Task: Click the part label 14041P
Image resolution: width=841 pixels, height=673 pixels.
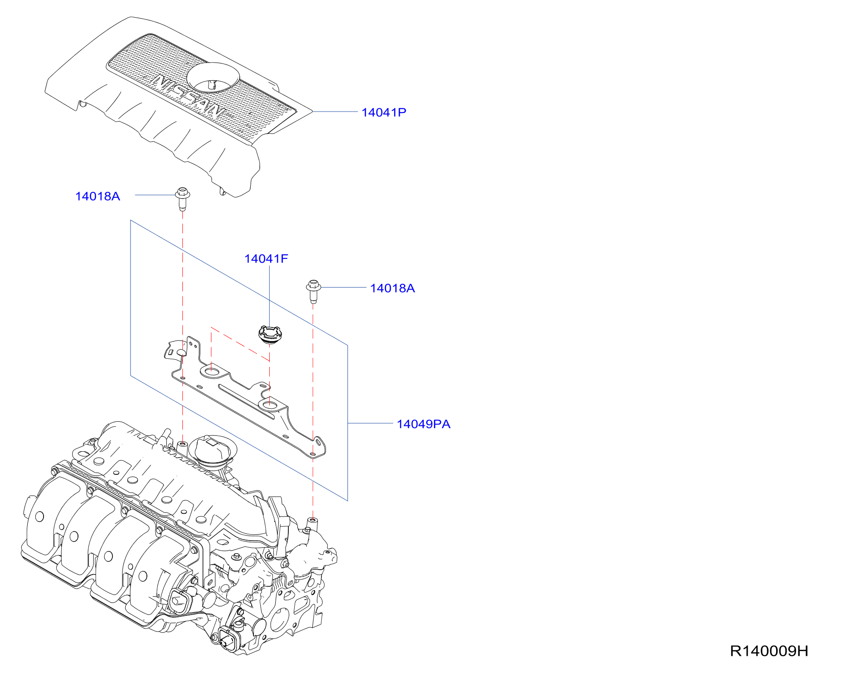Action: pyautogui.click(x=384, y=112)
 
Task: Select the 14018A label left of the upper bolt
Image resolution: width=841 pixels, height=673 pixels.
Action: pyautogui.click(x=97, y=196)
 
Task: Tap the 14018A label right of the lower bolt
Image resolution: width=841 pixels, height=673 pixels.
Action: pyautogui.click(x=392, y=288)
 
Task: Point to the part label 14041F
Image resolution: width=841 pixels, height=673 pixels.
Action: pyautogui.click(x=266, y=259)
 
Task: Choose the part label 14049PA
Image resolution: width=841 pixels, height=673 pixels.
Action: pyautogui.click(x=423, y=424)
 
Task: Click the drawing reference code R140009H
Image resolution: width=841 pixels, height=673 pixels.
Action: pyautogui.click(x=769, y=651)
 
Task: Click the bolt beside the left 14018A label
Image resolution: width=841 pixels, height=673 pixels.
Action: pyautogui.click(x=182, y=199)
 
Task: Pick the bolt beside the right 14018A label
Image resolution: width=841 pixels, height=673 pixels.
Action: pyautogui.click(x=313, y=291)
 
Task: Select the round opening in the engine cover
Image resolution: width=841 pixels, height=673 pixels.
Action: pyautogui.click(x=213, y=77)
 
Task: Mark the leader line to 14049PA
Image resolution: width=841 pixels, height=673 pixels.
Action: pyautogui.click(x=370, y=423)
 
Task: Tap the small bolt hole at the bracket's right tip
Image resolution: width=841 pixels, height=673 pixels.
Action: pyautogui.click(x=312, y=454)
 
